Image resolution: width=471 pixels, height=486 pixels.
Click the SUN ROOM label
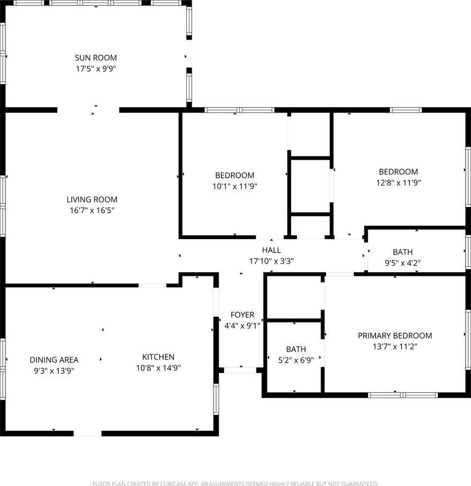tap(96, 58)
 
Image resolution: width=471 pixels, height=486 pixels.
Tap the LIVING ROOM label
tap(92, 199)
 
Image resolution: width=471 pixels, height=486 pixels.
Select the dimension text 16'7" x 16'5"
tap(92, 211)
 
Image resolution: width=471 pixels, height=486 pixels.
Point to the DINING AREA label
tap(54, 360)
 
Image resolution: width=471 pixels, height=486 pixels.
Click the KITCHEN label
tap(158, 357)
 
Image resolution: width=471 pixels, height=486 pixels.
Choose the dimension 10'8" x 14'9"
tap(158, 368)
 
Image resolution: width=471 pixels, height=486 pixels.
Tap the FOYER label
tap(242, 315)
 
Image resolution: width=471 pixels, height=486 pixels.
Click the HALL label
tap(271, 250)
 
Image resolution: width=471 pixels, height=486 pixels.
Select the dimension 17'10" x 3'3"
tap(271, 261)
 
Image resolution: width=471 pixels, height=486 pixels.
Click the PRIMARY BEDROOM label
tap(395, 335)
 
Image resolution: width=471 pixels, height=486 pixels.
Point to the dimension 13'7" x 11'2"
tap(395, 347)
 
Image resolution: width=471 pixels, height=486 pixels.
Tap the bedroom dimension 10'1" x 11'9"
tap(235, 186)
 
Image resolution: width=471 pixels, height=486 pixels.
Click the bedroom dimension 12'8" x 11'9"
tap(398, 183)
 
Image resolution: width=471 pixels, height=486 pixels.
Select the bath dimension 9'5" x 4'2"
tap(402, 263)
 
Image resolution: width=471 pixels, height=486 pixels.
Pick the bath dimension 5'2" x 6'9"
tap(296, 360)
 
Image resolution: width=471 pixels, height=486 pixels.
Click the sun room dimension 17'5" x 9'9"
tap(96, 69)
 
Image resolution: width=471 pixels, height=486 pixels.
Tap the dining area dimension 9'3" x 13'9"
tap(54, 371)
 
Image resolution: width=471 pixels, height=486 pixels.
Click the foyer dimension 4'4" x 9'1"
tap(242, 326)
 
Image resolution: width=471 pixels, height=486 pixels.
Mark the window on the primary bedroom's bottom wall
tap(402, 395)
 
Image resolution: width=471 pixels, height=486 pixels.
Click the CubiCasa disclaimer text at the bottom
tap(236, 483)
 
